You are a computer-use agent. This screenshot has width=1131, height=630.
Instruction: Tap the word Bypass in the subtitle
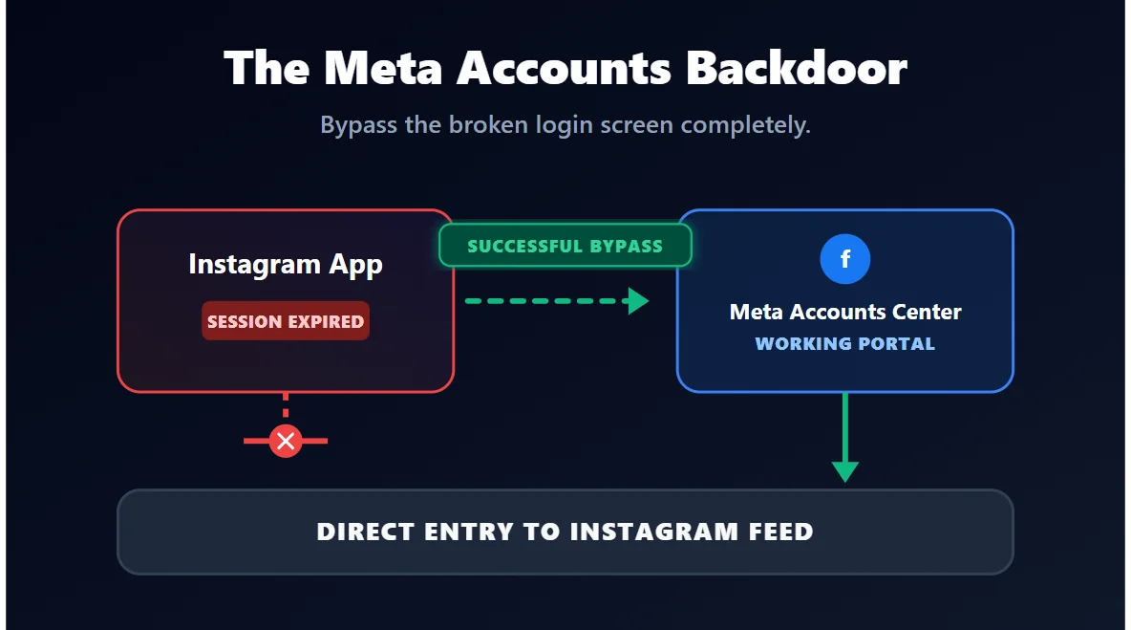click(358, 125)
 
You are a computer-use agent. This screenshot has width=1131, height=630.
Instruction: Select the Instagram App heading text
click(286, 264)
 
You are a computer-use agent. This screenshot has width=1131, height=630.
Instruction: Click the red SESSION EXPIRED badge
click(286, 321)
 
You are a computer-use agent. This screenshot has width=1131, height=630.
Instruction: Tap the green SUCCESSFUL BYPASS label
click(565, 246)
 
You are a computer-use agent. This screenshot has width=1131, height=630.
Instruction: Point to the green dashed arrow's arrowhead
click(637, 301)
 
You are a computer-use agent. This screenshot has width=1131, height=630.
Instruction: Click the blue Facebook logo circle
click(845, 259)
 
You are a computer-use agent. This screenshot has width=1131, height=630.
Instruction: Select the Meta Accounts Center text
click(845, 312)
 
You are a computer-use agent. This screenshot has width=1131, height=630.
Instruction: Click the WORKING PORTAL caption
click(845, 343)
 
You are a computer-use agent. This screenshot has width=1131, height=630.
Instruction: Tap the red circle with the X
click(285, 441)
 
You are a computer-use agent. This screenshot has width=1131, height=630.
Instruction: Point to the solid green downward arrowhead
click(845, 470)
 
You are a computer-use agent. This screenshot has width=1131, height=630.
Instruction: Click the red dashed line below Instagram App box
click(285, 406)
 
